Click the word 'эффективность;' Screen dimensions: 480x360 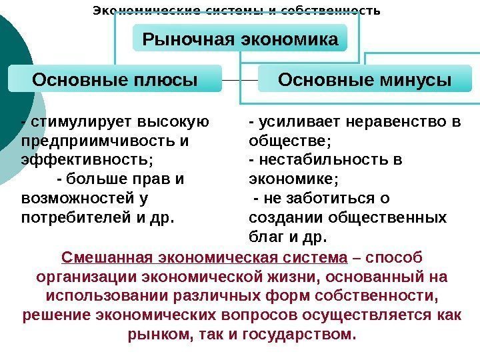(x=87, y=160)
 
